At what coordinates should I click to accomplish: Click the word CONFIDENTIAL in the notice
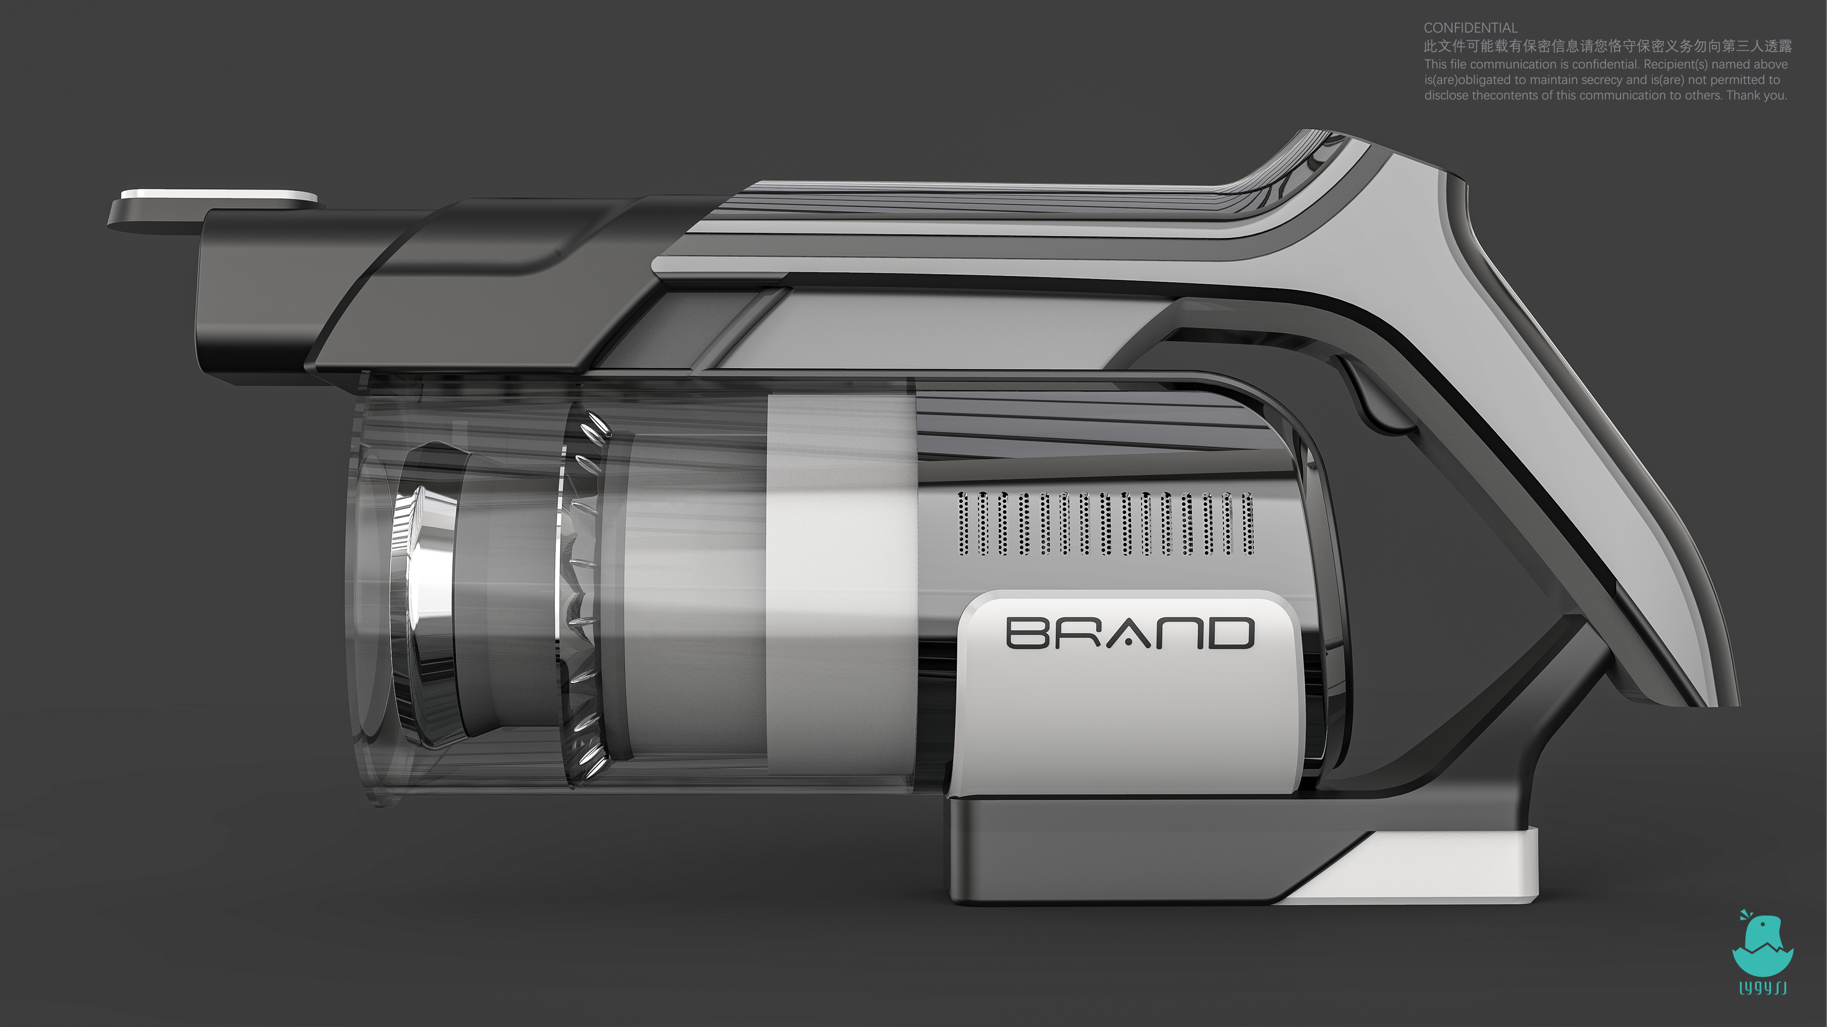click(x=1470, y=28)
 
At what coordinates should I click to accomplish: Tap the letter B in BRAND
click(x=1027, y=633)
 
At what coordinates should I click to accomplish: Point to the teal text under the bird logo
click(x=1762, y=987)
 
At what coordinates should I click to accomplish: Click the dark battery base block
click(x=1135, y=851)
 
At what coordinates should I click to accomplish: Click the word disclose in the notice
click(x=1447, y=95)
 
